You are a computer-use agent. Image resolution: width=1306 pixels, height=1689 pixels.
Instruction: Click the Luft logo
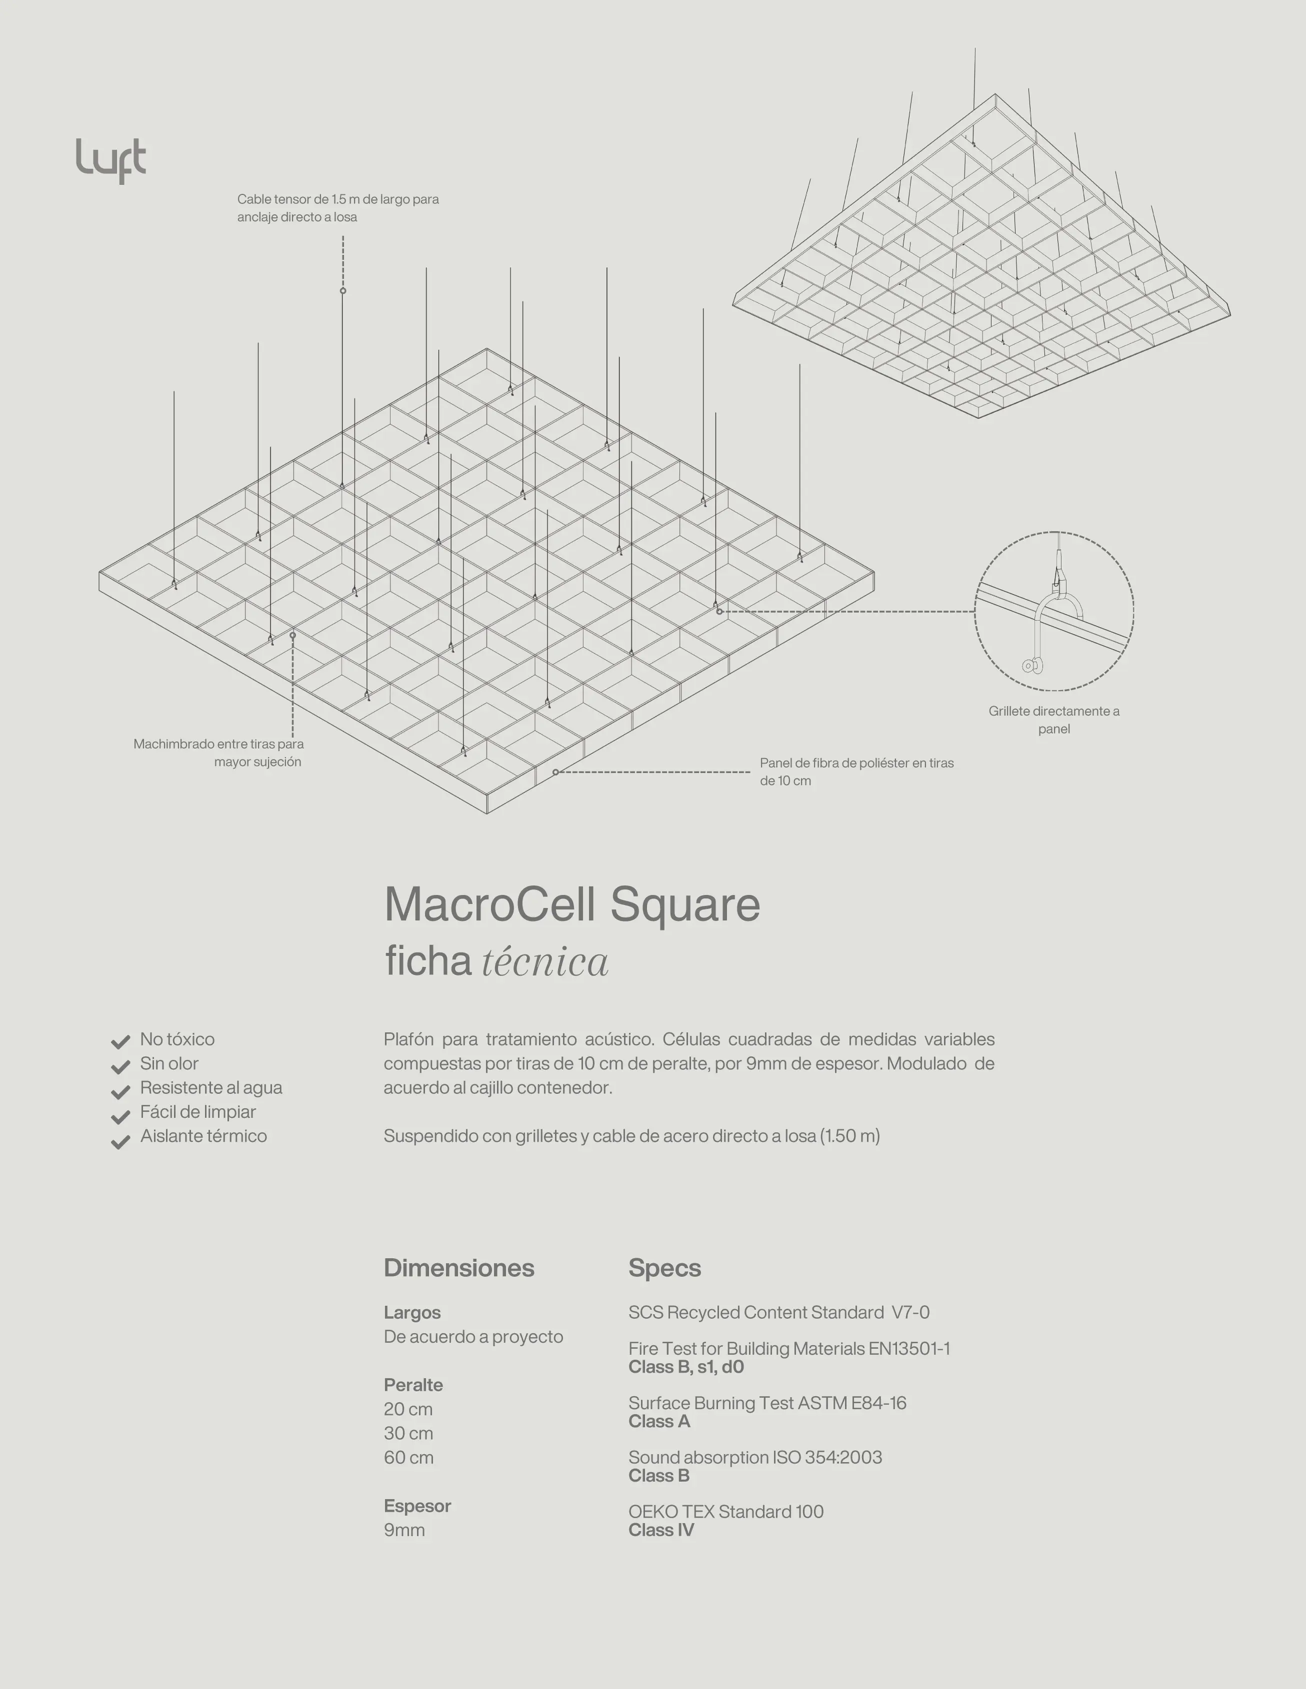point(110,160)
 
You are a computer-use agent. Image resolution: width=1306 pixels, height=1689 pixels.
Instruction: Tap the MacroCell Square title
point(572,903)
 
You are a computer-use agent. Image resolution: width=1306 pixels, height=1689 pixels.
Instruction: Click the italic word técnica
point(544,962)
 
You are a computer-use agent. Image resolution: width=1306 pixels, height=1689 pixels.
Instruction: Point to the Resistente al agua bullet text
point(210,1087)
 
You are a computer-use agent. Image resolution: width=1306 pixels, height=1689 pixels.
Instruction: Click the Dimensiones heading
point(459,1268)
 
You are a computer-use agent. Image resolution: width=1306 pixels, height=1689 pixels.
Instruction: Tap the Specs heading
point(664,1268)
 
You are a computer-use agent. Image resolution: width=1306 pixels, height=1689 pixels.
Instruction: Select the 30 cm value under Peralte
point(407,1433)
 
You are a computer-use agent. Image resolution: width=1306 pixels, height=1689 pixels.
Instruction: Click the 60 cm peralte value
point(407,1457)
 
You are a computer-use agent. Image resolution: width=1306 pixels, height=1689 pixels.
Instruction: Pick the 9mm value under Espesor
point(404,1530)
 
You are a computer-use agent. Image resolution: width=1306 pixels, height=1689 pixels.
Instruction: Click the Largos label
point(411,1312)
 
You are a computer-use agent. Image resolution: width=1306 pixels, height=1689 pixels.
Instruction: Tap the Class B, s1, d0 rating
point(685,1367)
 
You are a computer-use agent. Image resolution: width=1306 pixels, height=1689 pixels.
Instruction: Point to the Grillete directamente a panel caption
point(1054,719)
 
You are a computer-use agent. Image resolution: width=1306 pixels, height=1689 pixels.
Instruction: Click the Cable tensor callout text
point(337,208)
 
